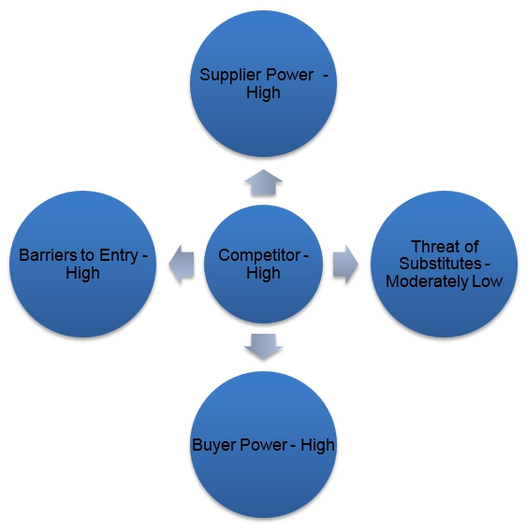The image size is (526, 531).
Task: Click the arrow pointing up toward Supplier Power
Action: tap(263, 183)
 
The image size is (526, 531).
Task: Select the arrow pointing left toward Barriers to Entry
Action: tap(182, 265)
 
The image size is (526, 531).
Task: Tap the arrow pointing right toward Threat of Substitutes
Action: tap(345, 265)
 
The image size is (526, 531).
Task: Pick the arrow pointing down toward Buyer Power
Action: tap(263, 347)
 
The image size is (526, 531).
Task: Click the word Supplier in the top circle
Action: tap(230, 76)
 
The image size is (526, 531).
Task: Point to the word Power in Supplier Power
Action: tap(289, 75)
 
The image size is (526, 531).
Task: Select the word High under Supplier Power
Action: tap(263, 93)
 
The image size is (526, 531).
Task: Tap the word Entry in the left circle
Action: tap(119, 256)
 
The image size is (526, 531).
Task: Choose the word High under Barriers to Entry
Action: tap(82, 273)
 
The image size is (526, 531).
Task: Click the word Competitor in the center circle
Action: tap(259, 255)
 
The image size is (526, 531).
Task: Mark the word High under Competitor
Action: tap(263, 273)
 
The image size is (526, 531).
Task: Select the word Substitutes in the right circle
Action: tap(440, 264)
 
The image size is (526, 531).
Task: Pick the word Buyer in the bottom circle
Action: tap(214, 445)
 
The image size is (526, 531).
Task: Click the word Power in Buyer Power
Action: tap(264, 445)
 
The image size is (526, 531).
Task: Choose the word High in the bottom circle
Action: tap(317, 445)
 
